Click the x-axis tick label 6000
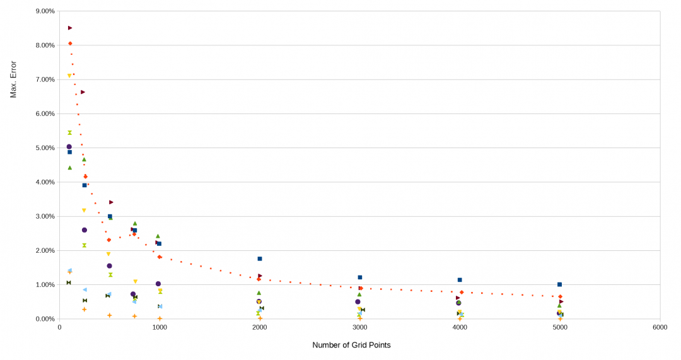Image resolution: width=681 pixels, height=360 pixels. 660,328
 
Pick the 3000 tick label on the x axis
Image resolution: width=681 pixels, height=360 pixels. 359,328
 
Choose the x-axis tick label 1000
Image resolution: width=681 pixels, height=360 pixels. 160,328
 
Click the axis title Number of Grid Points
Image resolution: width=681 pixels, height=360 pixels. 351,345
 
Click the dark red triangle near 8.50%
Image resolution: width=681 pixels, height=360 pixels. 70,28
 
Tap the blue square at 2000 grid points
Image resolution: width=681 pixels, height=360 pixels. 260,258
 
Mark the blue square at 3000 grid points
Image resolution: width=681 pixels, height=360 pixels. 360,277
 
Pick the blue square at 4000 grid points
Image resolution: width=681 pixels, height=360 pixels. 460,280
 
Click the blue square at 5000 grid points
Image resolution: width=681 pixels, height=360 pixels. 559,284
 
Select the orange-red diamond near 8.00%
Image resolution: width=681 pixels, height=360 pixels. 70,44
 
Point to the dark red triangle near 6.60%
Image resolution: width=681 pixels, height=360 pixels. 83,92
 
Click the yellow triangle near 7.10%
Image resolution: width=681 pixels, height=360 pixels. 69,76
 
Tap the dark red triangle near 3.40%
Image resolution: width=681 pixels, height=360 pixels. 111,202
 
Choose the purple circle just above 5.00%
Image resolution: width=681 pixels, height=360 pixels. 69,146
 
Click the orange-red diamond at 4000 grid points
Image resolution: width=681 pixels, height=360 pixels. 462,293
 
